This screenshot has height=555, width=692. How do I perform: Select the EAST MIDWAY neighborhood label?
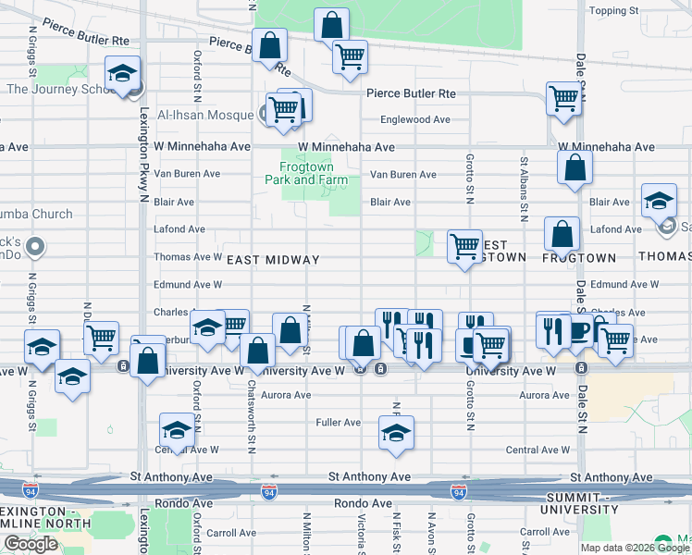click(273, 261)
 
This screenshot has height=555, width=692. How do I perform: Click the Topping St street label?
click(614, 11)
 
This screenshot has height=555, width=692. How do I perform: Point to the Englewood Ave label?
click(416, 119)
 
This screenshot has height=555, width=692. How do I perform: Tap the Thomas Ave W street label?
click(187, 257)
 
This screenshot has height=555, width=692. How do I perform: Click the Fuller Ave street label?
click(339, 423)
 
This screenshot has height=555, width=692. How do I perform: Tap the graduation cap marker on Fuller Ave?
click(396, 432)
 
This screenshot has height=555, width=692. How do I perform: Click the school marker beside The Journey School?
click(121, 75)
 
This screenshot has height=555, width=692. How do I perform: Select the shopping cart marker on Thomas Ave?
click(464, 246)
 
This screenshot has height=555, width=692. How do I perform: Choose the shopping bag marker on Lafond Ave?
click(562, 234)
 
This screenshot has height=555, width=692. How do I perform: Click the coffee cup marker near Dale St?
click(580, 329)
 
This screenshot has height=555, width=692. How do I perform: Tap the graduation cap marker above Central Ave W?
click(177, 429)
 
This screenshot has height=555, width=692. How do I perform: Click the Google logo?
click(31, 544)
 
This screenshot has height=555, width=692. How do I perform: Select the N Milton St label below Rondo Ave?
click(306, 530)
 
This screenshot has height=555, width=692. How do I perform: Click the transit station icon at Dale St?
click(581, 367)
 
